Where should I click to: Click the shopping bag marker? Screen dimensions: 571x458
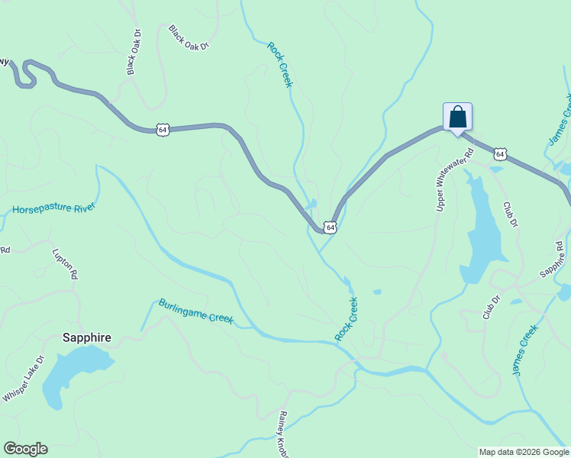457,118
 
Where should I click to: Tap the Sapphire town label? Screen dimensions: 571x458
86,337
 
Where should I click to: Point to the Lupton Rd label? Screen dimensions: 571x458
65,262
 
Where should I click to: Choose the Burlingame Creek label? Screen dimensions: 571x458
195,311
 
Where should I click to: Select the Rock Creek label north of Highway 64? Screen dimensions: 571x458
279,64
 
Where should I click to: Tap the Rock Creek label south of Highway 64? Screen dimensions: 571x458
346,319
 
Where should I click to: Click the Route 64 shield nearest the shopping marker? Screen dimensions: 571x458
499,154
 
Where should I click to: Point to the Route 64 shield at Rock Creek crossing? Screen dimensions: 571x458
329,227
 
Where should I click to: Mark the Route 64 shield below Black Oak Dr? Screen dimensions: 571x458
163,130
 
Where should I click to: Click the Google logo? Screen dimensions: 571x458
25,449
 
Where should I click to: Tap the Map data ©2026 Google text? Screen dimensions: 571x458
524,452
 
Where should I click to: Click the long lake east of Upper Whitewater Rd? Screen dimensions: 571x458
481,229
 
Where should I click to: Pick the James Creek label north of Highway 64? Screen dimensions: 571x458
560,121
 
